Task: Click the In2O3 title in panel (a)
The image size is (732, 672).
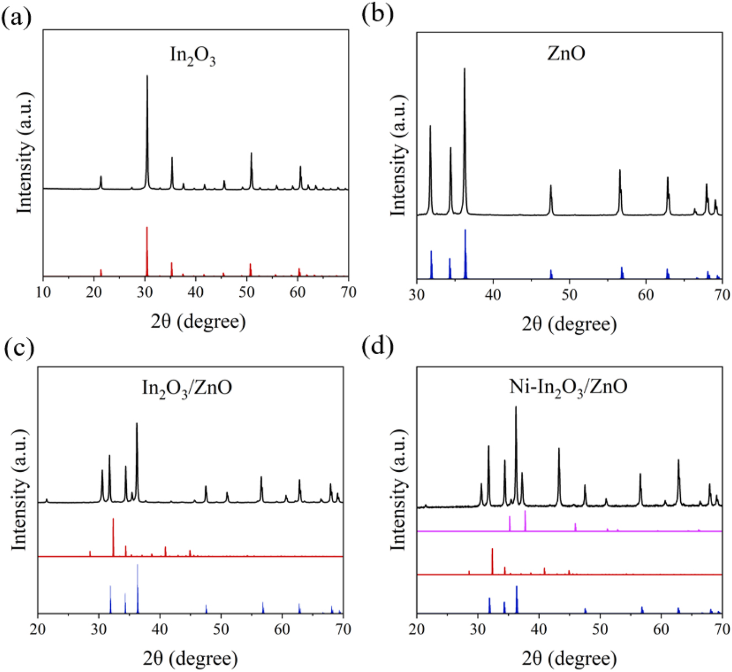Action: coord(192,56)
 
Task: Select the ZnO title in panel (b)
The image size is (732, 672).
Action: coord(566,53)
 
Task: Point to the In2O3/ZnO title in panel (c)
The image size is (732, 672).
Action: coord(187,388)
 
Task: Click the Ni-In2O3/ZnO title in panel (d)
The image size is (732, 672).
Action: coord(568,387)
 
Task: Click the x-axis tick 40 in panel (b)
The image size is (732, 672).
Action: coord(493,295)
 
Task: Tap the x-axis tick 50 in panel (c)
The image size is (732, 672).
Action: coord(221,628)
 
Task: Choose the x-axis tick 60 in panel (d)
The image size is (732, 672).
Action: coord(660,628)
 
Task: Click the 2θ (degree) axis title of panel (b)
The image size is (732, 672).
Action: coord(569,324)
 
